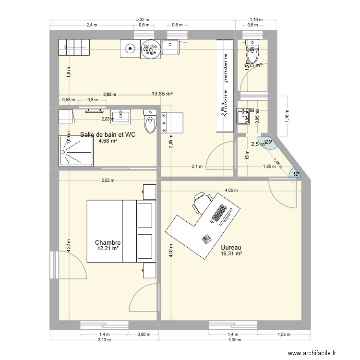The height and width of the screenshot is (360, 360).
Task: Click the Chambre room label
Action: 108,243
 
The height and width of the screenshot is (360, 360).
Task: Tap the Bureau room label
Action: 230,248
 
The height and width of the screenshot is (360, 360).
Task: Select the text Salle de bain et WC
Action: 108,135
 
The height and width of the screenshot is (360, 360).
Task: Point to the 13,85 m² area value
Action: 162,94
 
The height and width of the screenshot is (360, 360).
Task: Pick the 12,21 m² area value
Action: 108,249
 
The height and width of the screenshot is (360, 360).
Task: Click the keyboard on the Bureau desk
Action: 219,213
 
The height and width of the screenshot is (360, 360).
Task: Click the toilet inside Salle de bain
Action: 151,120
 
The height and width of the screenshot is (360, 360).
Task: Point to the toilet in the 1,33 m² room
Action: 251,56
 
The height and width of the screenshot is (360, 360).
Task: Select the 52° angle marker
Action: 296,174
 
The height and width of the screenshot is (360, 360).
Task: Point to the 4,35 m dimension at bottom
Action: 234,339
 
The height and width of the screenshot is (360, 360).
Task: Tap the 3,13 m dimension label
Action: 105,339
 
